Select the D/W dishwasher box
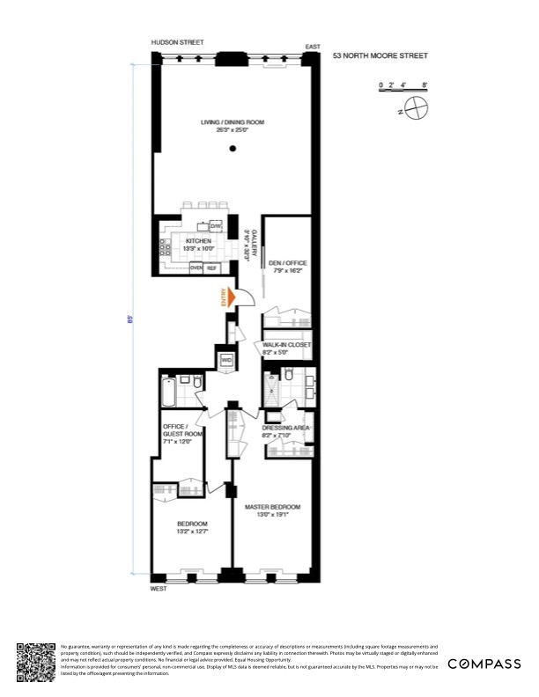pos(215,226)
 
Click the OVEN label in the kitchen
pos(196,267)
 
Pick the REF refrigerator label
pos(211,267)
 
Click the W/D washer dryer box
pos(226,361)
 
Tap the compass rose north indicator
pos(415,109)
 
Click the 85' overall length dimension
pos(130,319)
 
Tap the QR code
pos(36,662)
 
